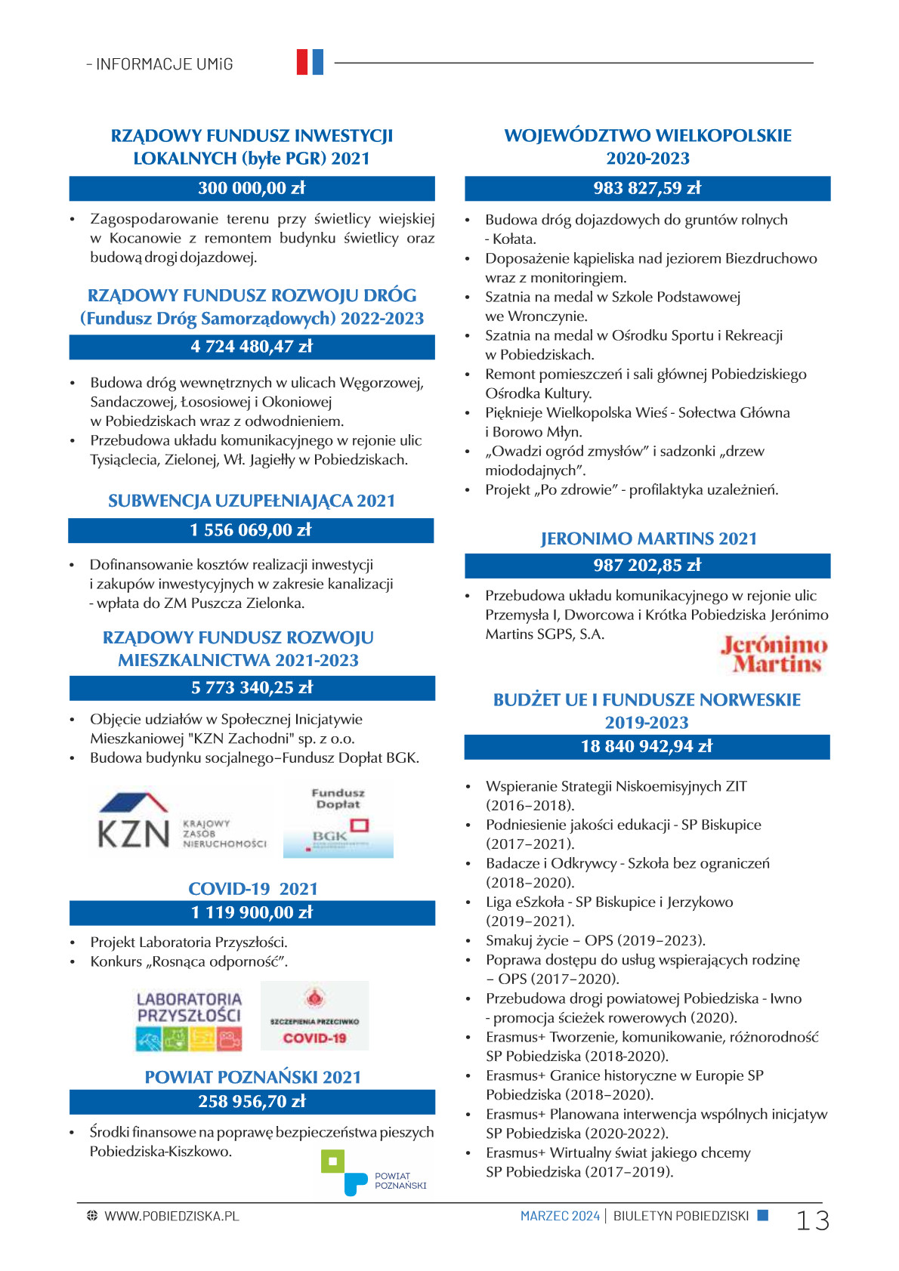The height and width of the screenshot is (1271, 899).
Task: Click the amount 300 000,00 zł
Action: tap(252, 188)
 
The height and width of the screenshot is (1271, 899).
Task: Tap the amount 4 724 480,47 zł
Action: tap(252, 347)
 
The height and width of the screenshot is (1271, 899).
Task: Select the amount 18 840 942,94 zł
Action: tap(647, 746)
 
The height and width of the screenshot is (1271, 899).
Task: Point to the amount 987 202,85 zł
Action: tap(647, 565)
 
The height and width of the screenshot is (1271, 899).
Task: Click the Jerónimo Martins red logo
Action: tap(774, 655)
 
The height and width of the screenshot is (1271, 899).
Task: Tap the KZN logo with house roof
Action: tap(182, 822)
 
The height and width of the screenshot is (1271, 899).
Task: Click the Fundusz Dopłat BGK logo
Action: tap(338, 822)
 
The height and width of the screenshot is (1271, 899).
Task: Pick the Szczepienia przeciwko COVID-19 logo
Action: tap(314, 1016)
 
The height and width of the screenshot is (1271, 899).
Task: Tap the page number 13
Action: tap(812, 1220)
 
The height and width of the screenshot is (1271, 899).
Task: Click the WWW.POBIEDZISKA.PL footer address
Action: tap(171, 1216)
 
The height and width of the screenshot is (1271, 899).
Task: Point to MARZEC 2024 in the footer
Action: tap(560, 1216)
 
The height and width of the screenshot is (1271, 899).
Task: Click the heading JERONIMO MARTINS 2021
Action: tap(648, 538)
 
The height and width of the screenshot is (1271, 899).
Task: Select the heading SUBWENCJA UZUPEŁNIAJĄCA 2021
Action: tap(252, 501)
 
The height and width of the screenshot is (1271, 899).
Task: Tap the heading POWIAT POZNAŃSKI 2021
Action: tap(253, 1077)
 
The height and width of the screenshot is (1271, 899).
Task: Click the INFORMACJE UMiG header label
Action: tap(160, 64)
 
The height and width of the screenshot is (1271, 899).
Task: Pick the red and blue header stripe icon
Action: tap(310, 62)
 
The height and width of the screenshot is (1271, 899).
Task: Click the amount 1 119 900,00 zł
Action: tap(252, 912)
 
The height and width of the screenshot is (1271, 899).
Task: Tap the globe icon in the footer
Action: tap(92, 1216)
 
